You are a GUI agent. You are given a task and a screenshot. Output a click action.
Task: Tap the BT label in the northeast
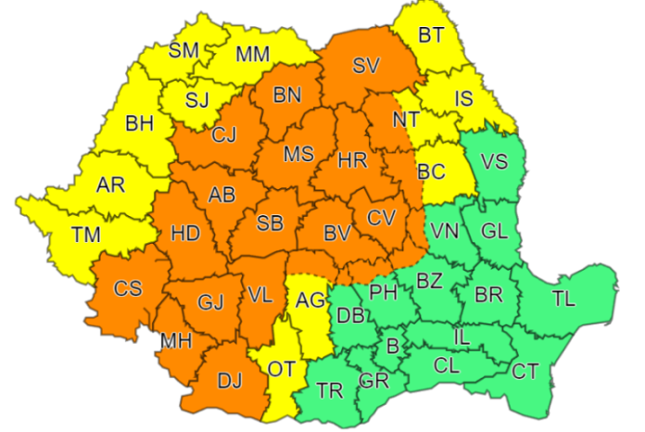pos(431,36)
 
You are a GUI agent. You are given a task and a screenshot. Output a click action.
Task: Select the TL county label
pos(563,299)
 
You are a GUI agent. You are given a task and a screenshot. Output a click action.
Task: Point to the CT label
pos(525,372)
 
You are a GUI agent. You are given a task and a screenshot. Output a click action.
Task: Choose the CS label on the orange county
pos(128,288)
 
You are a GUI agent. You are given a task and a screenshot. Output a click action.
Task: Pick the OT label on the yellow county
pos(282,370)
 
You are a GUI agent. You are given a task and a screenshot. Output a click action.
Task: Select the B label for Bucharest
pos(392,346)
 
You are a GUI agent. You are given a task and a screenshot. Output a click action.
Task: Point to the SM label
pos(183,50)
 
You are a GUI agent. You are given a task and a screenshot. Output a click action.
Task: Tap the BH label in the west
pos(140,121)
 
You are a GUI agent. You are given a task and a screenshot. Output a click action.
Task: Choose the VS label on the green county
pos(495,160)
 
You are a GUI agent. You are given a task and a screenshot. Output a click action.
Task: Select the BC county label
pos(431,172)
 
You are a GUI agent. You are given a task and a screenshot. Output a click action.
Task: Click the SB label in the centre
pos(270,222)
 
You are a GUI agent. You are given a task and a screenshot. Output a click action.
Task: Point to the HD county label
pos(185,234)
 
